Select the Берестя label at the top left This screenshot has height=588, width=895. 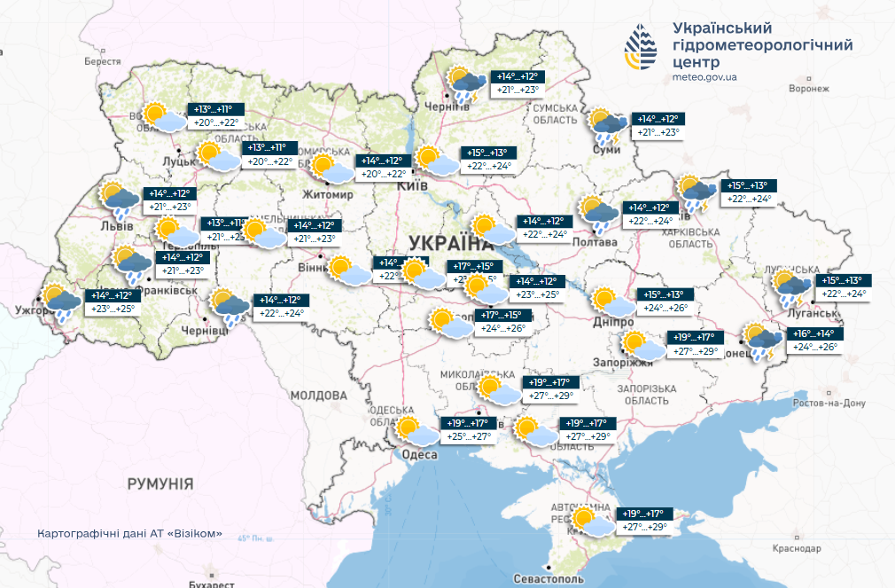[x=102, y=62]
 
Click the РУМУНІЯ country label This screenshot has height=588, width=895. [x=160, y=483]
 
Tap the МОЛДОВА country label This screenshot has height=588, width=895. [x=318, y=395]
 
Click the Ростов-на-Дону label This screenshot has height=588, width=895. [x=829, y=403]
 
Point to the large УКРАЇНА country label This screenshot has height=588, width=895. [x=450, y=244]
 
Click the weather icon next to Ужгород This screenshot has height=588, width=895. [x=58, y=302]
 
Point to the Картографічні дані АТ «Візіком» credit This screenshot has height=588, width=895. [x=129, y=535]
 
